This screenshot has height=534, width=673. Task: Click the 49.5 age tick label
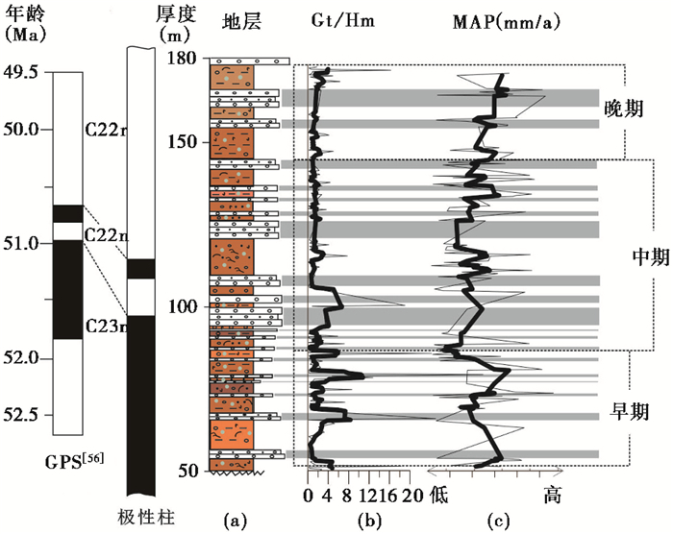point(24,72)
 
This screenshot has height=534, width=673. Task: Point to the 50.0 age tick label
point(24,129)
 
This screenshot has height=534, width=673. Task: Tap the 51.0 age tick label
point(24,243)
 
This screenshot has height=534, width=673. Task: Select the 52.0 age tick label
point(24,358)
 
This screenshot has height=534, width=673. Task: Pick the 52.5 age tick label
point(24,415)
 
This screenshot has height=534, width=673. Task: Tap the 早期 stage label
point(630,411)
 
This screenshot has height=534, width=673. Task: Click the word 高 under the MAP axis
point(552,496)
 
